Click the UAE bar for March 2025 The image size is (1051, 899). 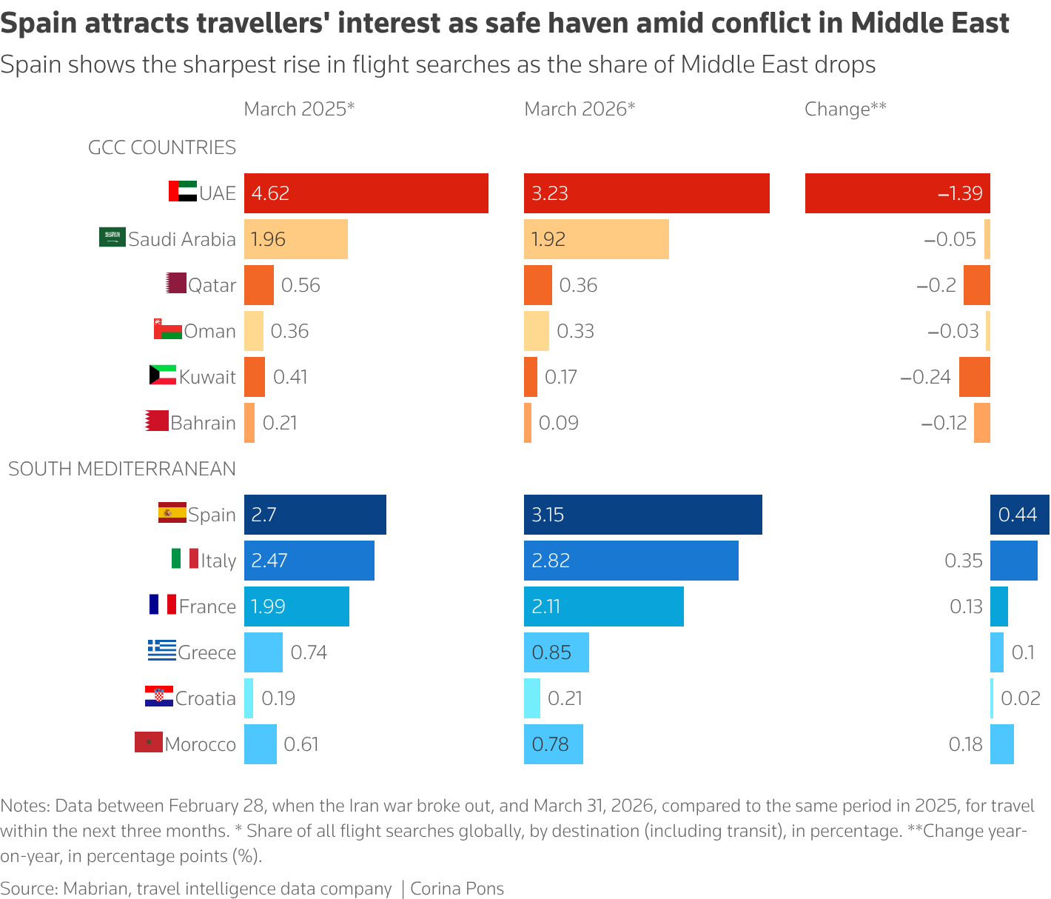pos(366,193)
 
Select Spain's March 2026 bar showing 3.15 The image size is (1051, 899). pos(642,515)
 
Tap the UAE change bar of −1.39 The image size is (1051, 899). pos(897,193)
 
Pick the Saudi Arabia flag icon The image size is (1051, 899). pos(113,238)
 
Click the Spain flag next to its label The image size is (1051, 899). pos(172,513)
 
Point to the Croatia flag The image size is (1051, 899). pos(158,697)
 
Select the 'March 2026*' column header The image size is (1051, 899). pos(580,109)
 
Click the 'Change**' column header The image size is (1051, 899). pos(845,109)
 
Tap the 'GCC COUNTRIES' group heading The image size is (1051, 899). pos(161,147)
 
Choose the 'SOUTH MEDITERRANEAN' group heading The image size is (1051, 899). pos(122,469)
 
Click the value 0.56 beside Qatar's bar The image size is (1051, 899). pos(300,285)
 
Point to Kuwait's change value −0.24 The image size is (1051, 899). pos(925,377)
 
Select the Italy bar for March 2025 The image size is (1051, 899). pos(309,561)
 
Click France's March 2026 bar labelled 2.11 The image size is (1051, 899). pos(603,606)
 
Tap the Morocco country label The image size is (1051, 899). pos(200,744)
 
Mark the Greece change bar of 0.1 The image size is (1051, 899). pos(996,652)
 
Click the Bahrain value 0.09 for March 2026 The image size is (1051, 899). pos(558,423)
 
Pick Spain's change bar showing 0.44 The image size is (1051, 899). pos(1019,515)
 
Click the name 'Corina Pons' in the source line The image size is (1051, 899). pos(457,889)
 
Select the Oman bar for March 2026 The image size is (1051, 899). pos(536,331)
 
